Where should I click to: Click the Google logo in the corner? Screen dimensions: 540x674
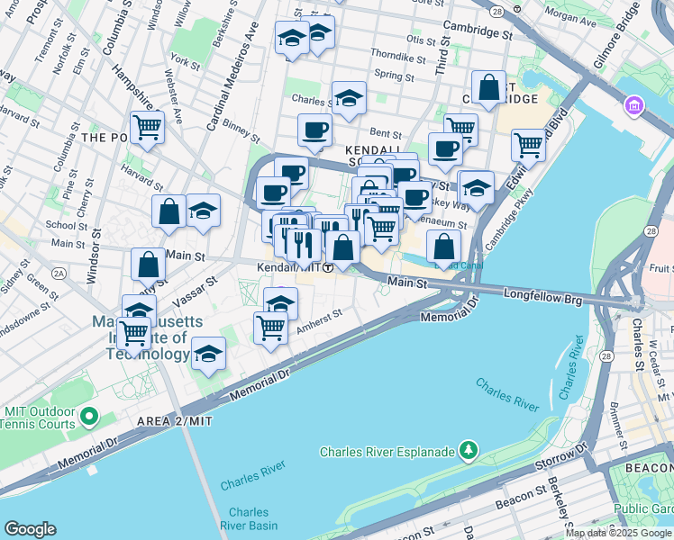[30, 529]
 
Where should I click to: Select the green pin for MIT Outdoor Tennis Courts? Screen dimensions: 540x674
[88, 417]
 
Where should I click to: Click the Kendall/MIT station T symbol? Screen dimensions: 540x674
[330, 268]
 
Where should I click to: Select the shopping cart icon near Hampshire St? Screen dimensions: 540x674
[147, 127]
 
